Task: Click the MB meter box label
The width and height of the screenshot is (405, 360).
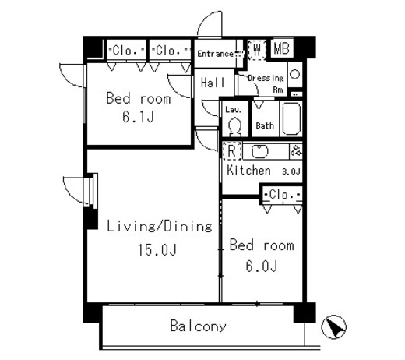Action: pyautogui.click(x=282, y=48)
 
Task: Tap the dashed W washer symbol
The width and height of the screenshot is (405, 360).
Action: pyautogui.click(x=257, y=50)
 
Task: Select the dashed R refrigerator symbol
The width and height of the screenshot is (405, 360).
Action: pyautogui.click(x=232, y=150)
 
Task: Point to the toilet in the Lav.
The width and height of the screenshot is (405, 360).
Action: pyautogui.click(x=235, y=127)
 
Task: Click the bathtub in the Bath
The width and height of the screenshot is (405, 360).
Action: pyautogui.click(x=291, y=119)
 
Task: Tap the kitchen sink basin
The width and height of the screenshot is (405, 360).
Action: pyautogui.click(x=260, y=151)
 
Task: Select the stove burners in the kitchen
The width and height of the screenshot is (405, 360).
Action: pyautogui.click(x=296, y=150)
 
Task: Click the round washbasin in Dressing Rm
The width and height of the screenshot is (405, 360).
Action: pyautogui.click(x=294, y=75)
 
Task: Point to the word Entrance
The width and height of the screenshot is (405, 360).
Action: pyautogui.click(x=215, y=54)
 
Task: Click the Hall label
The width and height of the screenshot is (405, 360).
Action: pyautogui.click(x=213, y=83)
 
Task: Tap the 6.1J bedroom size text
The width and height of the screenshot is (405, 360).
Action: pyautogui.click(x=139, y=117)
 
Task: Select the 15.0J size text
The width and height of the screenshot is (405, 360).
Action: pyautogui.click(x=157, y=250)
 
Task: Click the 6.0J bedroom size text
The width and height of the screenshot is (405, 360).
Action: pyautogui.click(x=262, y=266)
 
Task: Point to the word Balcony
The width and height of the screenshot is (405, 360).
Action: pyautogui.click(x=198, y=326)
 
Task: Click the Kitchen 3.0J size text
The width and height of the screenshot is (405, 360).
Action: pyautogui.click(x=291, y=171)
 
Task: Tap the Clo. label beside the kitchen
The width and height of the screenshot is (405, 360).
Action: pyautogui.click(x=282, y=194)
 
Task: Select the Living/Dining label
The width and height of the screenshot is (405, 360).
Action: pyautogui.click(x=160, y=226)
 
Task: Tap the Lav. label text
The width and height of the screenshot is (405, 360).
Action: pyautogui.click(x=234, y=110)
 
